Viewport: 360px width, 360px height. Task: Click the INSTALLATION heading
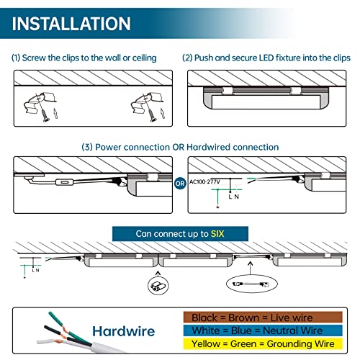(x=72, y=23)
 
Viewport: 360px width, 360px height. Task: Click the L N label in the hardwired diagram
(x=233, y=197)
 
